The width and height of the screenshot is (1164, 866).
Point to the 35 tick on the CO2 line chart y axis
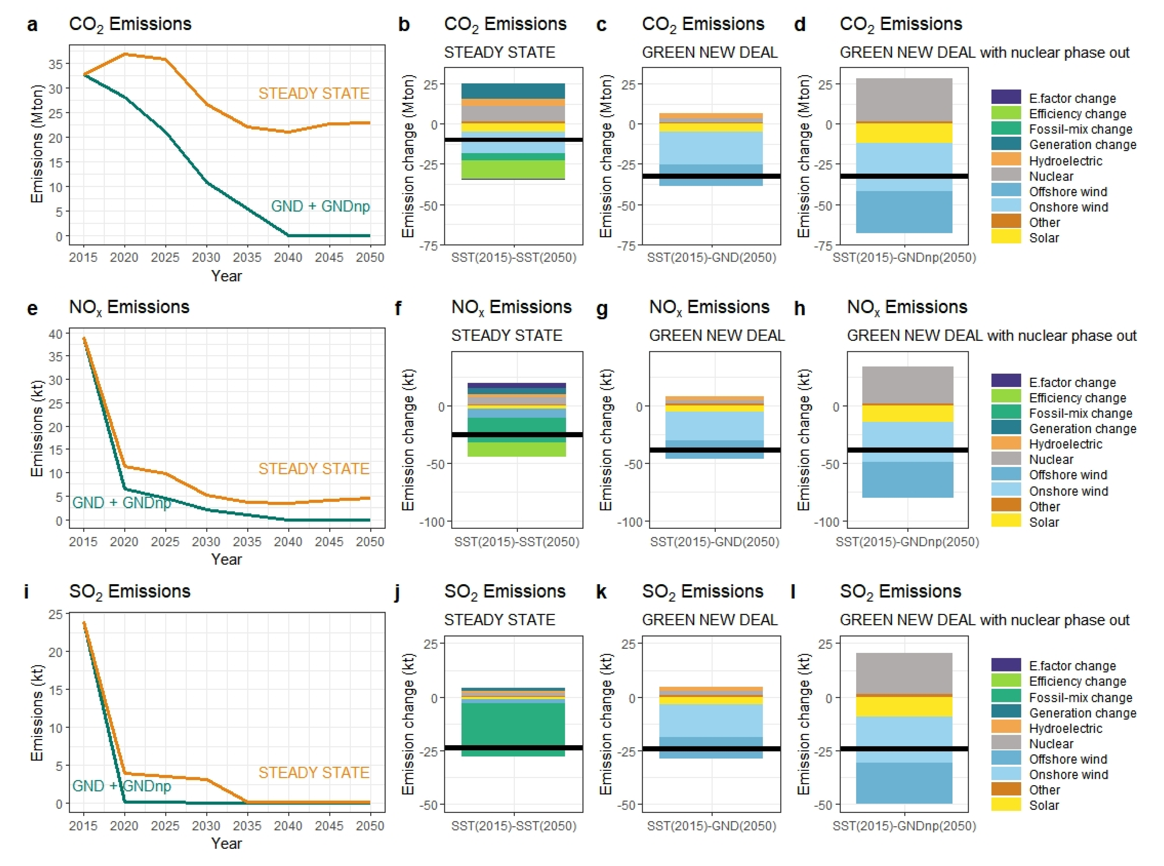click(x=55, y=64)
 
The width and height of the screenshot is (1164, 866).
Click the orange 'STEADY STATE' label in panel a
click(x=314, y=93)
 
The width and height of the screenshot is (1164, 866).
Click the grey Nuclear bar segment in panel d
click(x=904, y=100)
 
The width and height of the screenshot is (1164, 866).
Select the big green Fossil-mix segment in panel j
click(x=513, y=726)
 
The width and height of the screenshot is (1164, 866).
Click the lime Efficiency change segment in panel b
click(x=513, y=169)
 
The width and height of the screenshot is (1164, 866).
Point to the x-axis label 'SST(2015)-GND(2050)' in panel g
click(x=714, y=542)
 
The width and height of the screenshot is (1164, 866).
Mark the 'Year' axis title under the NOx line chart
click(x=226, y=560)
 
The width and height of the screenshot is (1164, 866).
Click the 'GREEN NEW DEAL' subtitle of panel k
click(x=710, y=620)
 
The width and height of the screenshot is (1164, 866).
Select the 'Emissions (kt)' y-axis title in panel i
click(x=37, y=713)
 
